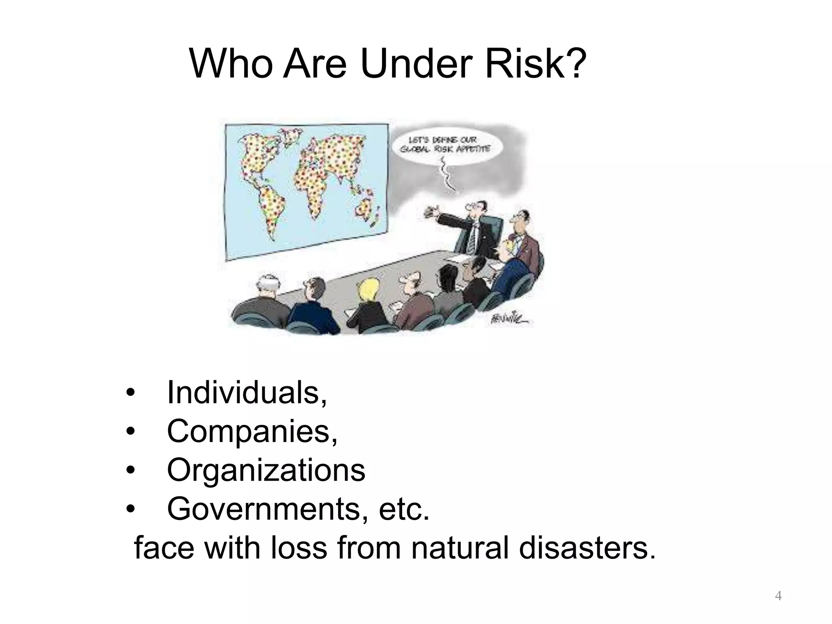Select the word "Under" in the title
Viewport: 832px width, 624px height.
414,64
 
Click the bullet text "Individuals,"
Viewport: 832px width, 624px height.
247,393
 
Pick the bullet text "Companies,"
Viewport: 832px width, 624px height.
252,431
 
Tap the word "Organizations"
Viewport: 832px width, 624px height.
266,470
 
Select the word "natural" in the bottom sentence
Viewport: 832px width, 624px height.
459,548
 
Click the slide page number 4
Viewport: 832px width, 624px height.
778,596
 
